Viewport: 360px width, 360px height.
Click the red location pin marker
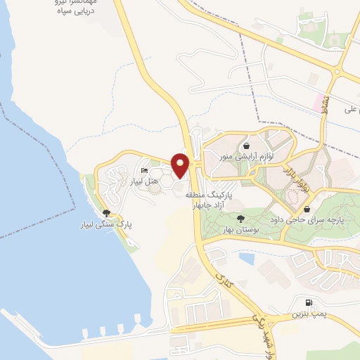180,165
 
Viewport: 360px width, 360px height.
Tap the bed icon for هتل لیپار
144,171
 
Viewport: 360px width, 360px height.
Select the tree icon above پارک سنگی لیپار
105,212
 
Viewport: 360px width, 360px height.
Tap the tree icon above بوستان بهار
241,219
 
